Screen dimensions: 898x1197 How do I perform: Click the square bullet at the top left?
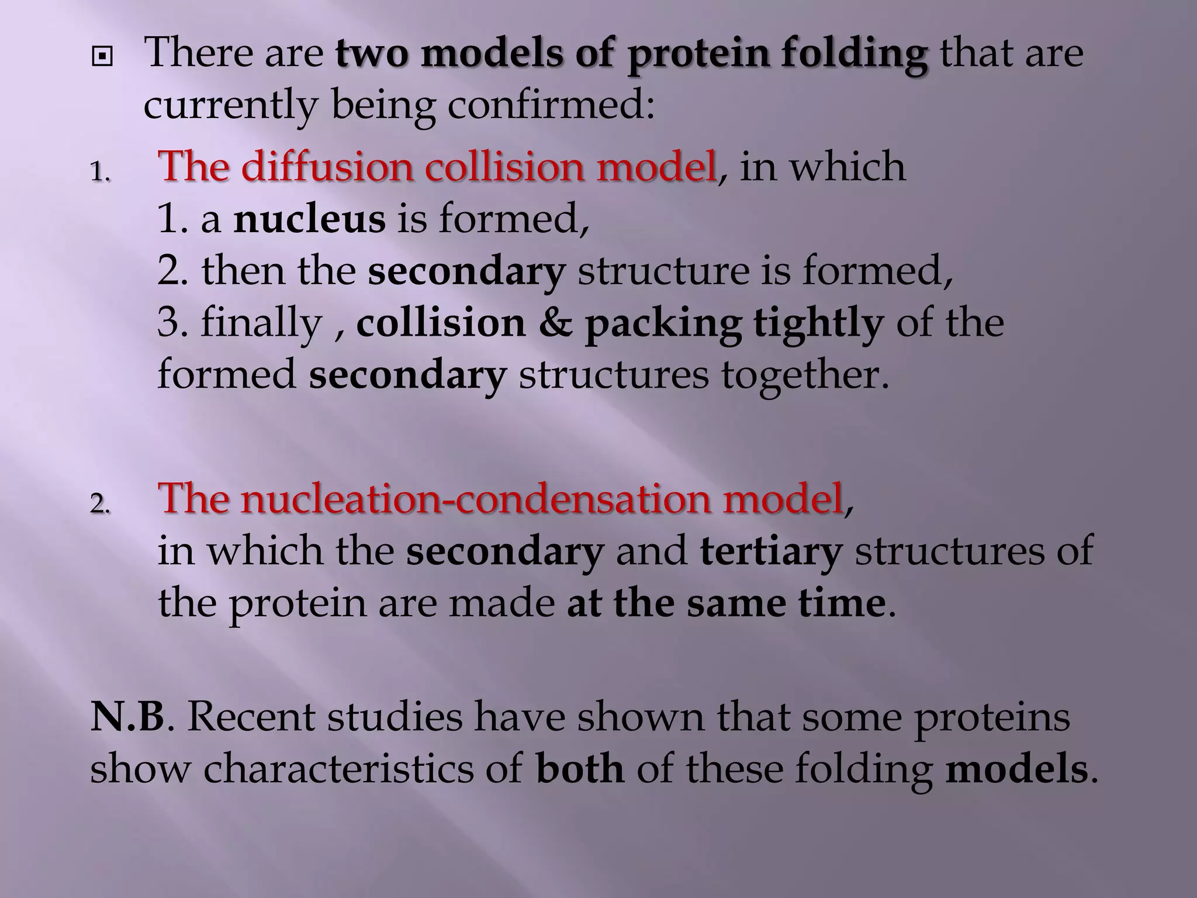coord(102,57)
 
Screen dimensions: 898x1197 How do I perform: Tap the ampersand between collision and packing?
coord(555,323)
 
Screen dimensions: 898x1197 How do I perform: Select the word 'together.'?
coord(805,375)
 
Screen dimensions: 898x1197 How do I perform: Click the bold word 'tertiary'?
coord(771,551)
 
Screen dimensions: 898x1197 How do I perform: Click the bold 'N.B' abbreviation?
coord(127,717)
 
